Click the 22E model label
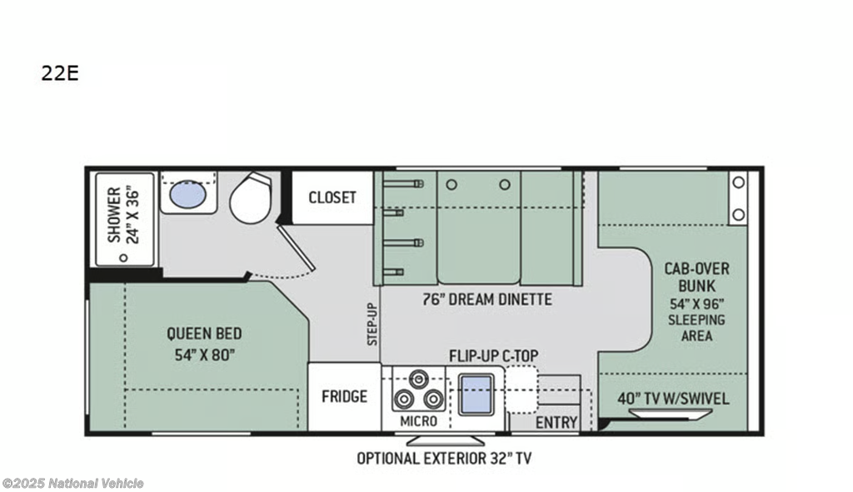[x=60, y=73]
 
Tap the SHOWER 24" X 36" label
[x=123, y=216]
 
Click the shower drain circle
[x=123, y=257]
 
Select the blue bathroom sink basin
[x=187, y=195]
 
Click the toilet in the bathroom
[x=251, y=198]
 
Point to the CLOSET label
[x=332, y=197]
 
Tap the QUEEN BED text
[x=204, y=333]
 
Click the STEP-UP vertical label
[x=372, y=324]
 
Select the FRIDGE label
[x=344, y=396]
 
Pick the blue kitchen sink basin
[x=476, y=394]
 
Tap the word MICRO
[x=418, y=420]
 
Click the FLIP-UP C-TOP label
[x=493, y=356]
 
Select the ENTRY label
[x=556, y=422]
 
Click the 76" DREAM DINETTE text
[x=486, y=300]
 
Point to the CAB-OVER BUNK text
[x=697, y=277]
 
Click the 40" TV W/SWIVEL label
[x=673, y=399]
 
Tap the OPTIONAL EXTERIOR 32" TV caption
[x=444, y=459]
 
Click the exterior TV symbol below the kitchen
[x=446, y=440]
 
